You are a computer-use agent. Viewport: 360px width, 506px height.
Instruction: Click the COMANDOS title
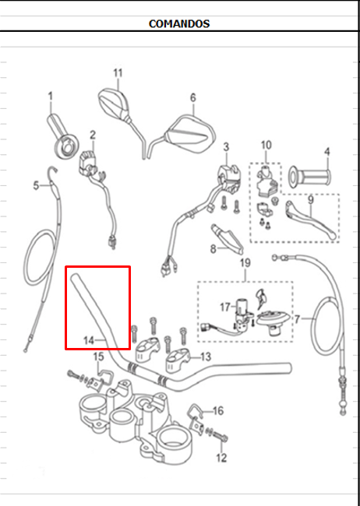(x=179, y=23)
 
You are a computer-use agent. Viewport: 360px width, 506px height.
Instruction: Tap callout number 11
(x=118, y=73)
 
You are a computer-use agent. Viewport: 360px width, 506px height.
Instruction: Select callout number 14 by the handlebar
(x=89, y=340)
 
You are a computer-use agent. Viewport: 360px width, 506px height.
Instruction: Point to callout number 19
(x=245, y=262)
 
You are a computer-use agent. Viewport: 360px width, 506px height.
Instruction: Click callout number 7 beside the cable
(x=298, y=319)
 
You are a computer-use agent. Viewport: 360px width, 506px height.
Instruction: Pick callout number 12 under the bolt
(x=221, y=458)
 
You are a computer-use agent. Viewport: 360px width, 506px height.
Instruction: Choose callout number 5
(x=36, y=185)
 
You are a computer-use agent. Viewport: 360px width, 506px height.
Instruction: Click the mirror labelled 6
(x=191, y=134)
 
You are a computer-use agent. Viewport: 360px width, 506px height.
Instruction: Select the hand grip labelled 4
(x=309, y=177)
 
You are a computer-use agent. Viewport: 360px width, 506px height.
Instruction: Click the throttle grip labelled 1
(x=63, y=137)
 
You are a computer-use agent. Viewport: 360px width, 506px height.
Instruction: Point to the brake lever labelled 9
(x=311, y=220)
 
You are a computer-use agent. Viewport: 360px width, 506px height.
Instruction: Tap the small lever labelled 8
(x=228, y=239)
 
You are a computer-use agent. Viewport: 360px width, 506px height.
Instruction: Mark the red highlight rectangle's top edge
(x=97, y=267)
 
